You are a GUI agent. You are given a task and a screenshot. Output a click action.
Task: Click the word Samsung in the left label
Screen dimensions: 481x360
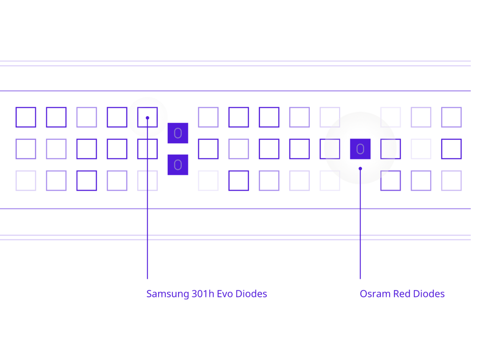click(x=167, y=294)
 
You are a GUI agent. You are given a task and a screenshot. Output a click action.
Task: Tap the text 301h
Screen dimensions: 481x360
click(x=203, y=294)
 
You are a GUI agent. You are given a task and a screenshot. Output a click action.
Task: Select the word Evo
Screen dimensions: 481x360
click(x=224, y=294)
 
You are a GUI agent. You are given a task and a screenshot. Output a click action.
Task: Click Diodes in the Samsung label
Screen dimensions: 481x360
click(x=251, y=294)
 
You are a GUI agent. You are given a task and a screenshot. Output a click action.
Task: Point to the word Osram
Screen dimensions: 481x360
click(x=375, y=294)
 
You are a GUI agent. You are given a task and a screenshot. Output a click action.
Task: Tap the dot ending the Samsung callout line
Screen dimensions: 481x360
click(x=147, y=118)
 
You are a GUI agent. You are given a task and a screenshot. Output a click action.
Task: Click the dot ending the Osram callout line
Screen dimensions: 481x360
click(x=360, y=169)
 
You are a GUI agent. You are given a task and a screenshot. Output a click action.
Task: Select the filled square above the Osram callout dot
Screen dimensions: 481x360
click(x=360, y=149)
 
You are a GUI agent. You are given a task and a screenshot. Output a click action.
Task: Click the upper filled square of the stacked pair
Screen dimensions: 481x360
click(x=178, y=133)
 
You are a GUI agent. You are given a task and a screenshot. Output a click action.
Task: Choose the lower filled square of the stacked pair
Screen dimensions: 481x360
click(x=178, y=165)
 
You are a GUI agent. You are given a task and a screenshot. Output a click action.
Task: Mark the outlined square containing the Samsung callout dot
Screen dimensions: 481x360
click(x=147, y=117)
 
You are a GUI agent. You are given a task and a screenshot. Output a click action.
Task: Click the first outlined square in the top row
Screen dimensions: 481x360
click(x=26, y=117)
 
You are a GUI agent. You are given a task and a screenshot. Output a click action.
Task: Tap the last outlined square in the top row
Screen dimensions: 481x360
click(x=451, y=117)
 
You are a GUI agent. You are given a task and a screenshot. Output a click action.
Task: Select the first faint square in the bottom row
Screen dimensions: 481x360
click(x=26, y=181)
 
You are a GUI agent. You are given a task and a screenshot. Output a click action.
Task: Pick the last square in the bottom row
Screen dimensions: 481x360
click(x=451, y=181)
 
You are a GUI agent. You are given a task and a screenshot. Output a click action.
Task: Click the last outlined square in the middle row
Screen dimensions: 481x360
click(x=451, y=149)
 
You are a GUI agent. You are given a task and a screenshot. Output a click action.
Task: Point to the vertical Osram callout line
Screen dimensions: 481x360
click(x=360, y=224)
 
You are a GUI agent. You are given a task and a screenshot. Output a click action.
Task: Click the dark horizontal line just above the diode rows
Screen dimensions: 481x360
click(x=235, y=91)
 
